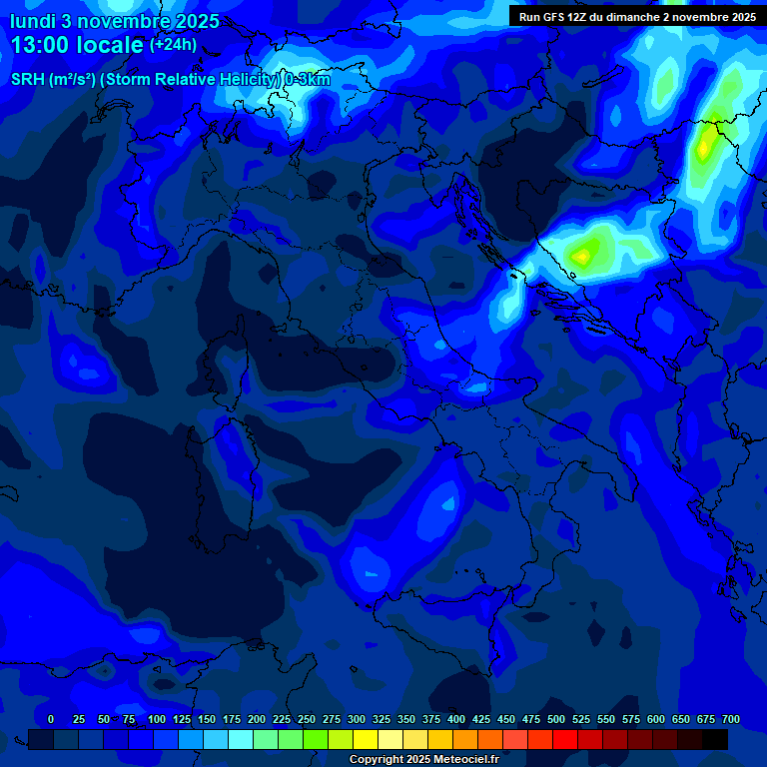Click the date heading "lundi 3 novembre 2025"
[115, 21]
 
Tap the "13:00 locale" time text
[77, 46]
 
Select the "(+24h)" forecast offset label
[173, 45]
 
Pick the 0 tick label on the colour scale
[51, 719]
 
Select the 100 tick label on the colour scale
[157, 719]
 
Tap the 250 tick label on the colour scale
[307, 719]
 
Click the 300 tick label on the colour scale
[357, 719]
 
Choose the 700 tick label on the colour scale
[731, 719]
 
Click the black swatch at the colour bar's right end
[715, 740]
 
